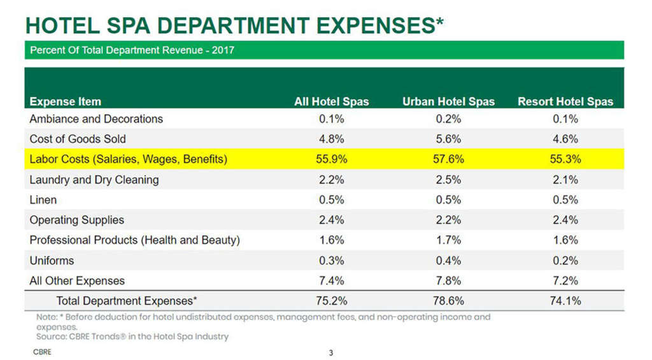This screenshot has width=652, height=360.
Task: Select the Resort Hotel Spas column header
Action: point(565,101)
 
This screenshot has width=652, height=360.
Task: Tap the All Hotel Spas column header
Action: point(331,101)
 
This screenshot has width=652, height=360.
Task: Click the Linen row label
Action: point(43,199)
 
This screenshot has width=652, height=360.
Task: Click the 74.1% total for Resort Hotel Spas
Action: point(565,301)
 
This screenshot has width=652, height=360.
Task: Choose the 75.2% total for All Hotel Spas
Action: point(331,301)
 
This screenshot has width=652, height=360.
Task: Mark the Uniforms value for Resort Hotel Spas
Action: point(565,260)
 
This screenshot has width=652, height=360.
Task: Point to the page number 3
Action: point(330,352)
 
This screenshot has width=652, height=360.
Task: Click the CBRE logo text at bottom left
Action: point(42,351)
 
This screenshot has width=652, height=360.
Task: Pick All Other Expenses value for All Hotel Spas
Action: point(331,280)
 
